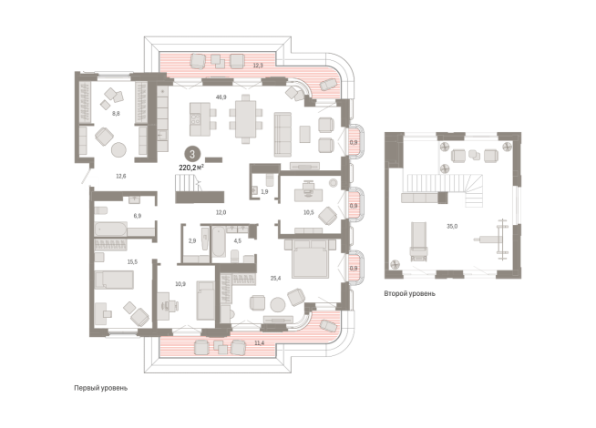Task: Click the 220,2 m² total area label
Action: click(x=191, y=167)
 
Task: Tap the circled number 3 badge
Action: click(x=192, y=154)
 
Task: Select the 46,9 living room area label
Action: click(x=221, y=97)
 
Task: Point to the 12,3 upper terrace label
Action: click(x=258, y=66)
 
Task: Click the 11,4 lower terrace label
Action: click(x=259, y=343)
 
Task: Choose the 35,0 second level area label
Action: click(x=452, y=227)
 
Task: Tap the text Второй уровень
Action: click(x=409, y=293)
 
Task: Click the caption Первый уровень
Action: click(x=101, y=388)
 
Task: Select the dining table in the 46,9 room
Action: click(x=246, y=119)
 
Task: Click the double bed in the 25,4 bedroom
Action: click(x=310, y=259)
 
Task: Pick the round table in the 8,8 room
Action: click(x=118, y=149)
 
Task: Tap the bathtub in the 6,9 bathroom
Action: click(x=110, y=229)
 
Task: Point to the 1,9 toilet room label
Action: click(x=264, y=192)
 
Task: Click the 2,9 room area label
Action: click(x=192, y=240)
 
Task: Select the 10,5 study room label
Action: click(x=309, y=213)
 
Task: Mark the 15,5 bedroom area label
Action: click(x=132, y=262)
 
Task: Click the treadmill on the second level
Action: click(x=418, y=242)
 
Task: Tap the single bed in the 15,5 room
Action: click(x=114, y=280)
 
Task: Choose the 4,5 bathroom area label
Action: click(x=238, y=240)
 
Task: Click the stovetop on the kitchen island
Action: click(x=195, y=119)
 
